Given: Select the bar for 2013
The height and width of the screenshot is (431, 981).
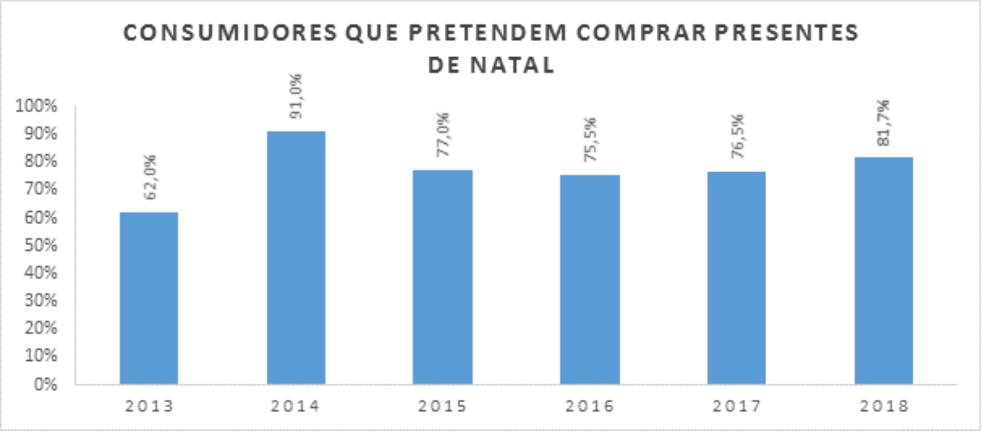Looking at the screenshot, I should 149,298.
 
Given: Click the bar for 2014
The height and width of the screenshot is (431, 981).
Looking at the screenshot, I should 296,258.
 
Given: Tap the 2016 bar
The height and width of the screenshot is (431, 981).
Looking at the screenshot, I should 589,279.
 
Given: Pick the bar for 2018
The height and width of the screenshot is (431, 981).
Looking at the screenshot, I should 883,270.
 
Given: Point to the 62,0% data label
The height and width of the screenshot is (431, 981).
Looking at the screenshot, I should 150,177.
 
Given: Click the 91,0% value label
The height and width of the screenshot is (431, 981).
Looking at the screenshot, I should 296,97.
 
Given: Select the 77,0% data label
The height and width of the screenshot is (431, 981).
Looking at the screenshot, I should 443,135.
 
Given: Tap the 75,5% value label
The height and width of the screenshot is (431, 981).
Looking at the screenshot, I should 590,140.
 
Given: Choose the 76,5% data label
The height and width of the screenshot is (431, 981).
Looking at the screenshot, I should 738,137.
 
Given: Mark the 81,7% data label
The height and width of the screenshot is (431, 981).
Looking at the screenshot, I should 884,123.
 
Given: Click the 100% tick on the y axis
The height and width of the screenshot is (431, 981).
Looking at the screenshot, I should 36,106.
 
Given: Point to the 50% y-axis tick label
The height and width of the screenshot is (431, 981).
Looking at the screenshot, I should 41,245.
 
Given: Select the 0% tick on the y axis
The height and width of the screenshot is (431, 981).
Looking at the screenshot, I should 45,384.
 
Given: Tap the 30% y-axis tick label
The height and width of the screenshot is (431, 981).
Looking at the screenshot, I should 41,301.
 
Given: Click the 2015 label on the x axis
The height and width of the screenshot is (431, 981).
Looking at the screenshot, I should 443,406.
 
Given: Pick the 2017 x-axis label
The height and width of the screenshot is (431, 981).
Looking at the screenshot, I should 737,406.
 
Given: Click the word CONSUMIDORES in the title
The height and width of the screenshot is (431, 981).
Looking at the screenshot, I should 230,33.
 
